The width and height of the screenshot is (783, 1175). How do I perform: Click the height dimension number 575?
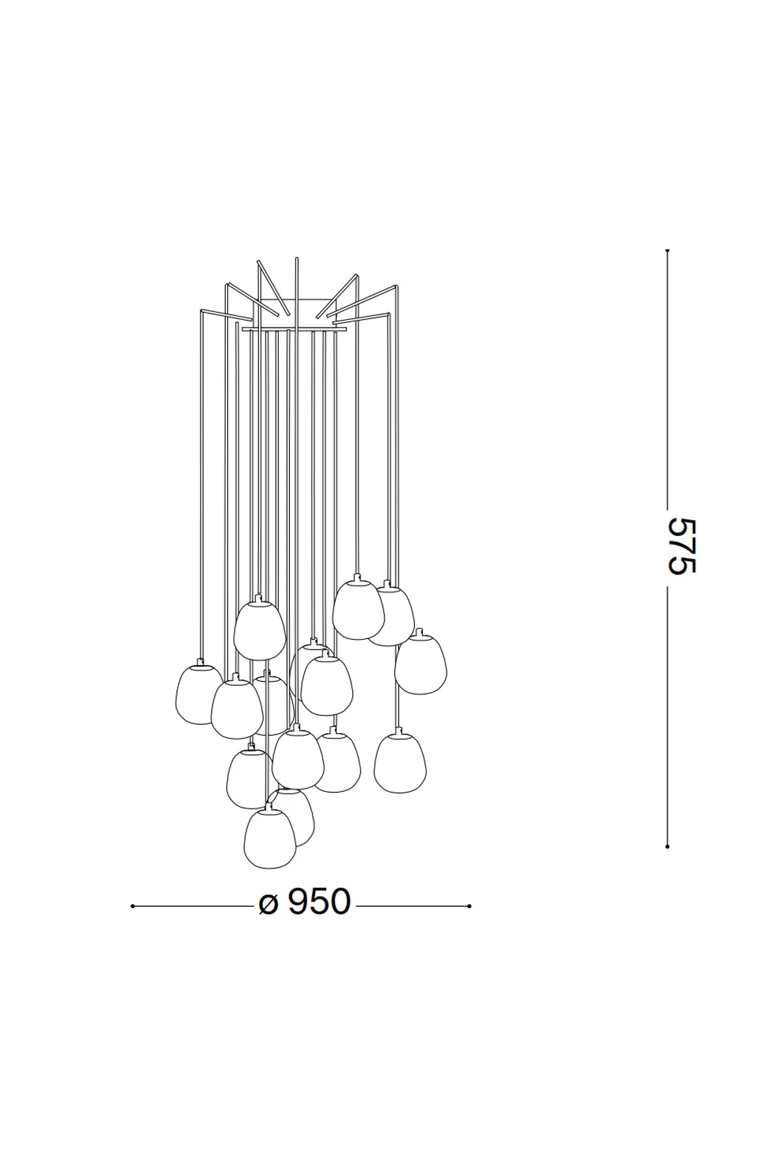point(682,546)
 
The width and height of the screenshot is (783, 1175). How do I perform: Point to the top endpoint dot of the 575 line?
point(667,250)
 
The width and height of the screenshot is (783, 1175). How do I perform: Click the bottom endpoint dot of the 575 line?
point(667,846)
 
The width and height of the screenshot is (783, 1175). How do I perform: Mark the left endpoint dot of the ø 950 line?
point(132,906)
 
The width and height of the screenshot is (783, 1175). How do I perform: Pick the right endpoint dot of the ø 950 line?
point(469,906)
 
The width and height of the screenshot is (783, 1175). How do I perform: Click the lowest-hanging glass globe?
point(269,839)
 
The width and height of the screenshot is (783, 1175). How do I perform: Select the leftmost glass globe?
point(196,695)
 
